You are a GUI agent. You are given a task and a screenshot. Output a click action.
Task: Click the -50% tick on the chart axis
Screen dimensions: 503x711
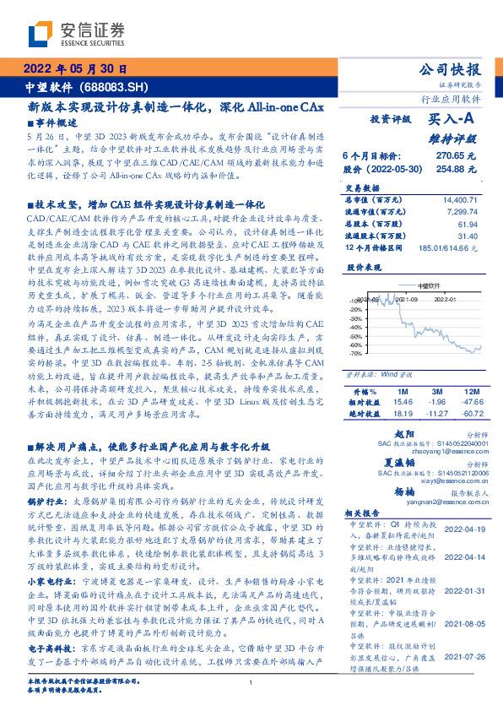[x=356, y=336]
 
